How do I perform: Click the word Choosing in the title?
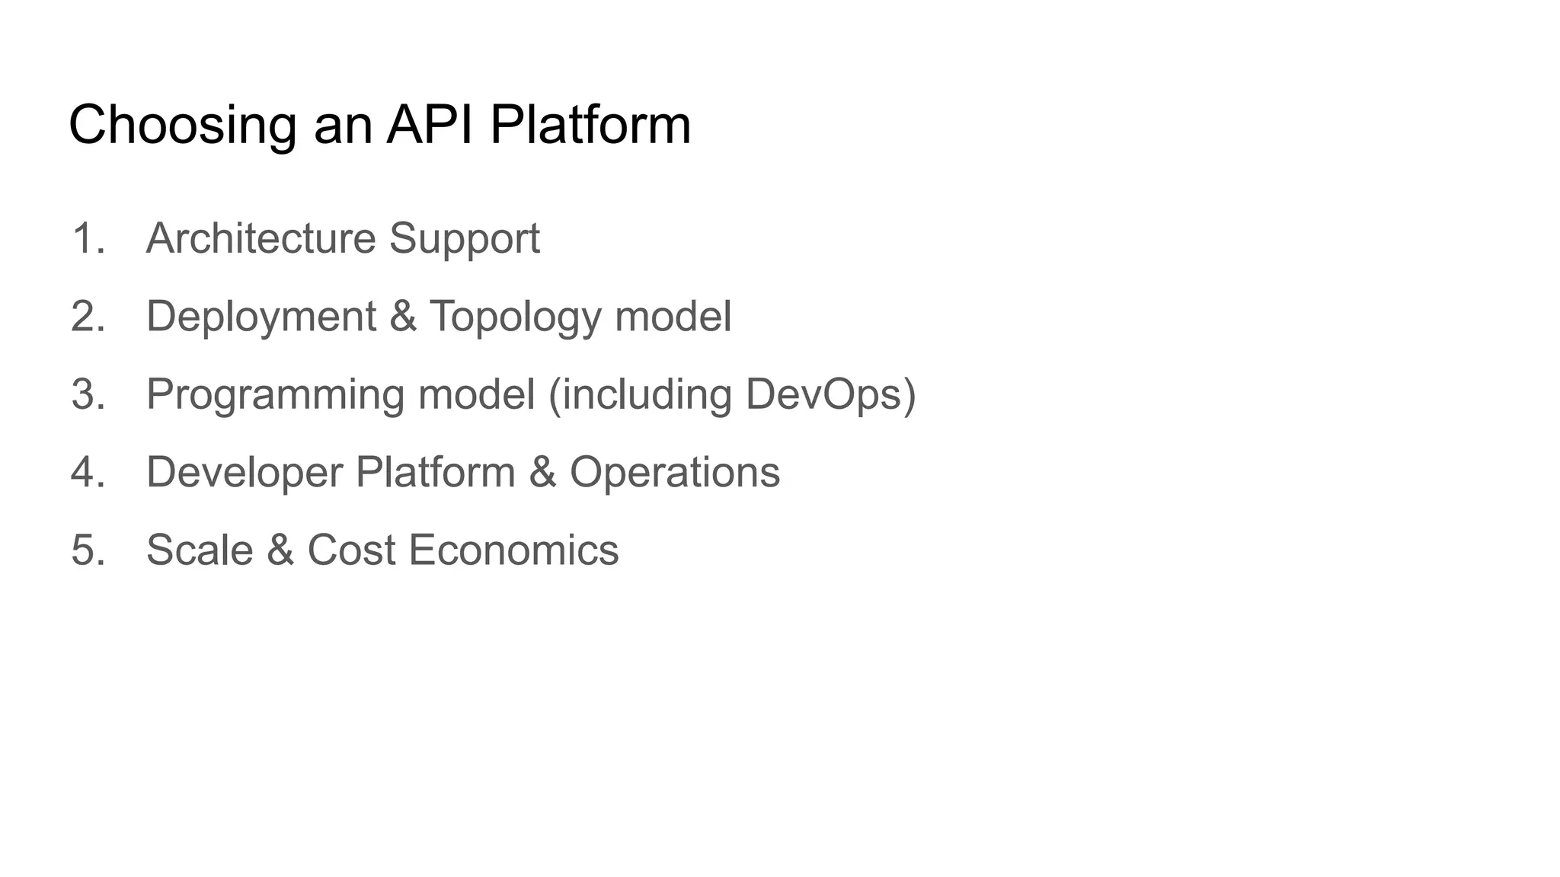(182, 125)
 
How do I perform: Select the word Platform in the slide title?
(590, 125)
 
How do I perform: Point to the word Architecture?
(261, 238)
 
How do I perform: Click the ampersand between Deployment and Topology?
(403, 316)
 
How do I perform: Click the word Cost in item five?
(351, 550)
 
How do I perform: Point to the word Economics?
(513, 550)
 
